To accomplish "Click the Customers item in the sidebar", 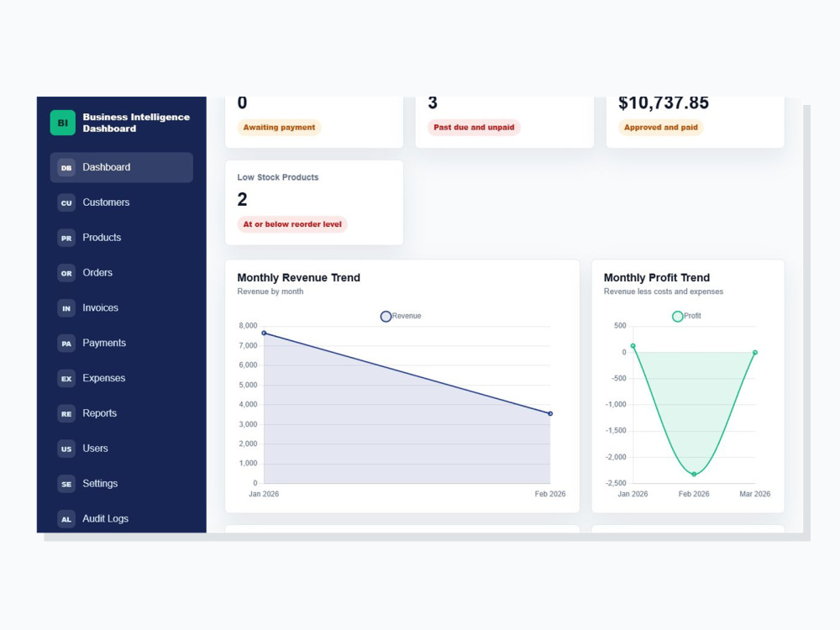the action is coord(106,202).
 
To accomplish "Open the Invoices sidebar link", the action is coord(100,308).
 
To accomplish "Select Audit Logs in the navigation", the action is coord(106,518).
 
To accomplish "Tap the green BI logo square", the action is coord(63,123).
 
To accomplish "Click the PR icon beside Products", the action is coord(66,238).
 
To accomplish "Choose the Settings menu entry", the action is coord(100,483).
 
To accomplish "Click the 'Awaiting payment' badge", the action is coord(279,128).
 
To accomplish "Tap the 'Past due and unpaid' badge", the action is coord(474,128).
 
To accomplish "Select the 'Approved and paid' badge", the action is coord(660,128).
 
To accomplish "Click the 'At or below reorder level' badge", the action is coord(292,224).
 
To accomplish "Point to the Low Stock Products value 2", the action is coord(242,199).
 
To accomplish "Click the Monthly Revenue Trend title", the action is coord(298,277).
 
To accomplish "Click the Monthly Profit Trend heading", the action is coord(657,277).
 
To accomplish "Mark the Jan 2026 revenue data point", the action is coord(264,333).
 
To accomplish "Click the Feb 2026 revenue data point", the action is coord(550,413).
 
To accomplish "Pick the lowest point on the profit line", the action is coord(695,474).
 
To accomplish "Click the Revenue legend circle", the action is coord(386,317).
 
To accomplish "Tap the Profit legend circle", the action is coord(678,317).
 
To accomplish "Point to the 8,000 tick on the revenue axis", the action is coord(248,326).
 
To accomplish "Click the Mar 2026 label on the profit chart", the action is coord(755,494).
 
